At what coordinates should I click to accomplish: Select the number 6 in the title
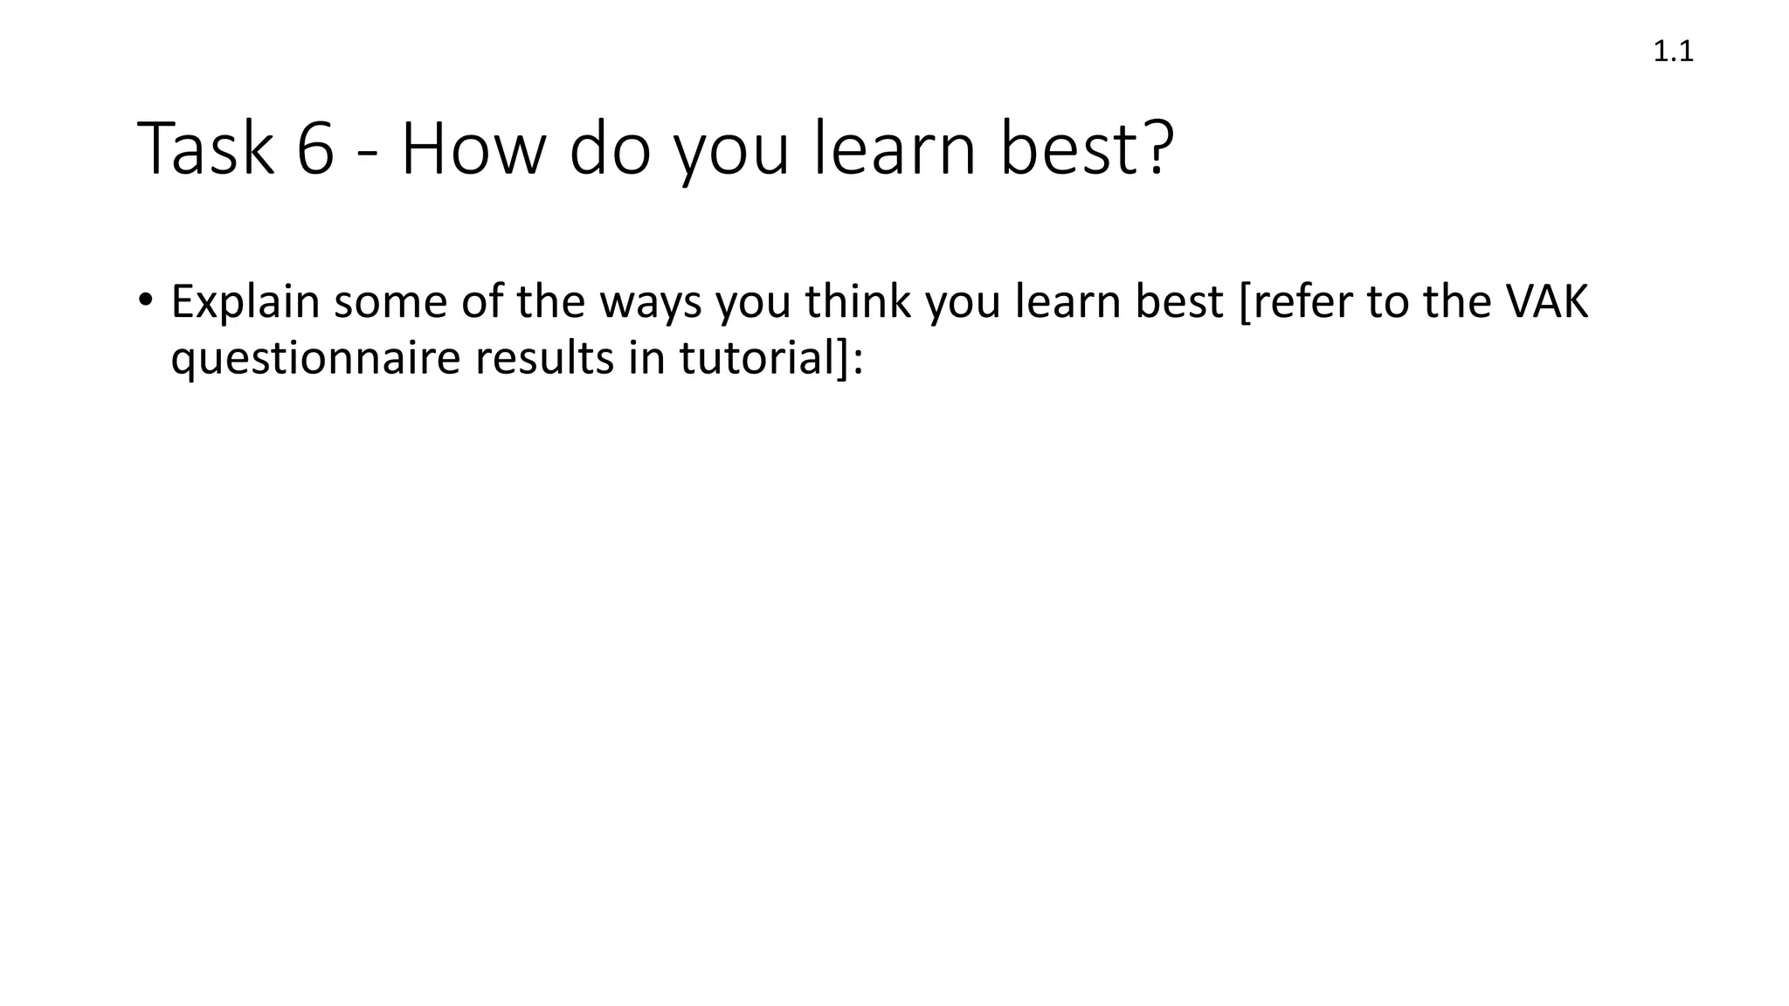tap(315, 150)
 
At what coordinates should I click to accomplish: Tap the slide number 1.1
tap(1673, 52)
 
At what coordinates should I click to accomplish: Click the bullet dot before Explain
tap(144, 300)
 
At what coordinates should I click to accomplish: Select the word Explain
tap(245, 302)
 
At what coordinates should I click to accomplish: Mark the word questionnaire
tap(314, 359)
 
